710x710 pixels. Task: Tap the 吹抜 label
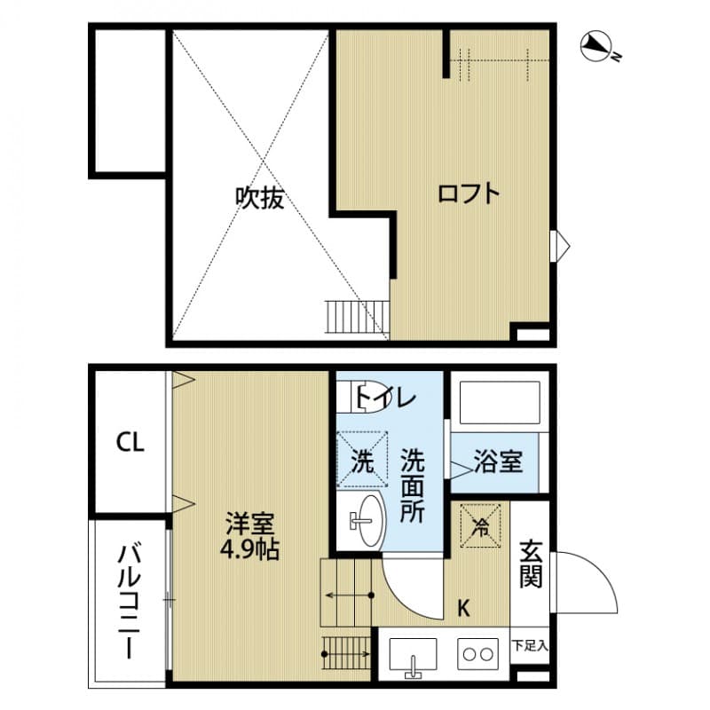coord(259,197)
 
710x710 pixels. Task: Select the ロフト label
coord(469,193)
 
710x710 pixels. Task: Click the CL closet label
coord(130,442)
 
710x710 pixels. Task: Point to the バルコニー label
coord(130,603)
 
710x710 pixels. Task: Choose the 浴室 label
coord(498,461)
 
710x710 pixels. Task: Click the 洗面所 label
coord(412,486)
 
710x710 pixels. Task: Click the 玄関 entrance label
coord(531,563)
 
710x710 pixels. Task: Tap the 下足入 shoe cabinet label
coord(531,645)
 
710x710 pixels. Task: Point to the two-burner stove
coord(478,656)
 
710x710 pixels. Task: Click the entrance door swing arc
coord(590,581)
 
